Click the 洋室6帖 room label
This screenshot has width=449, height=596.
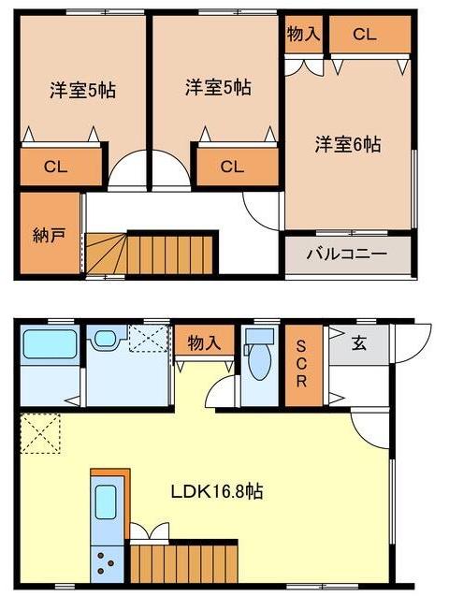[347, 145]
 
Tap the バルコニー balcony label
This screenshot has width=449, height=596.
[347, 254]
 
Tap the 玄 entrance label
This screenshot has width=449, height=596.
[358, 342]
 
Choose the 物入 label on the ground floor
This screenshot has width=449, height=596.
[204, 342]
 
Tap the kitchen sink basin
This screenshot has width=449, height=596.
[107, 506]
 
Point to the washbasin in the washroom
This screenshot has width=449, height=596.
[103, 337]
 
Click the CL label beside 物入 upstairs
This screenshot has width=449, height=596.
[365, 35]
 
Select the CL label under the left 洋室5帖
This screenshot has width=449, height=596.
[56, 167]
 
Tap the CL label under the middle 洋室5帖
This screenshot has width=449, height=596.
[232, 167]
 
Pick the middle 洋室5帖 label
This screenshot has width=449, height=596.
[217, 88]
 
